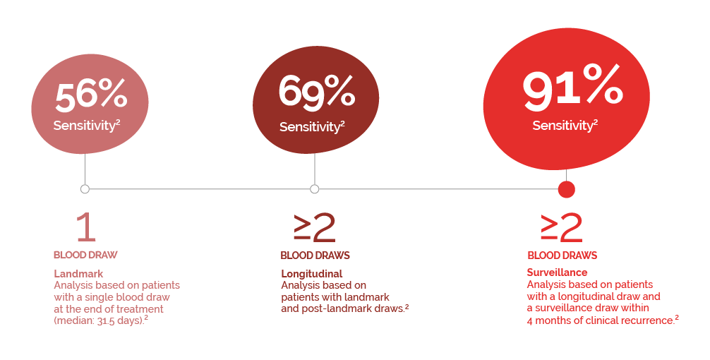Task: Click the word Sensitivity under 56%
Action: (x=83, y=126)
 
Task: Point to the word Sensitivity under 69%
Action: (x=309, y=127)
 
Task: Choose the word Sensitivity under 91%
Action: (x=562, y=126)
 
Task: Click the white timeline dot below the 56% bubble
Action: (x=85, y=189)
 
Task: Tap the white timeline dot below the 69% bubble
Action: (x=315, y=189)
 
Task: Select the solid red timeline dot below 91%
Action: (x=567, y=189)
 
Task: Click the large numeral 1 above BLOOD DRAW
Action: (x=85, y=227)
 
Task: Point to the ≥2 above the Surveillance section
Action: (x=562, y=227)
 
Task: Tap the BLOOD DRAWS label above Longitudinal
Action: (x=315, y=256)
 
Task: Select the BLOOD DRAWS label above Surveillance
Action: (x=562, y=256)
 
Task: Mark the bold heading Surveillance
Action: (x=557, y=272)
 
